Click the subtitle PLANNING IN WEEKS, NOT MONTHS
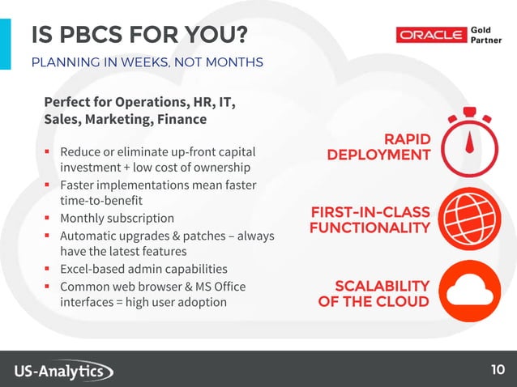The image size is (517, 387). coord(147,62)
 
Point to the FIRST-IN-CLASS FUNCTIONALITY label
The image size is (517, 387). coord(370,219)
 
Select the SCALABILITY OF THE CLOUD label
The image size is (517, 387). coord(374,293)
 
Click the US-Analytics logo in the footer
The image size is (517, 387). coord(64,371)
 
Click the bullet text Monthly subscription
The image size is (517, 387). coord(117,218)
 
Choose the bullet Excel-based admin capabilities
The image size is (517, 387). coord(143,269)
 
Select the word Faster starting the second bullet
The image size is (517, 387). coord(79,185)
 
